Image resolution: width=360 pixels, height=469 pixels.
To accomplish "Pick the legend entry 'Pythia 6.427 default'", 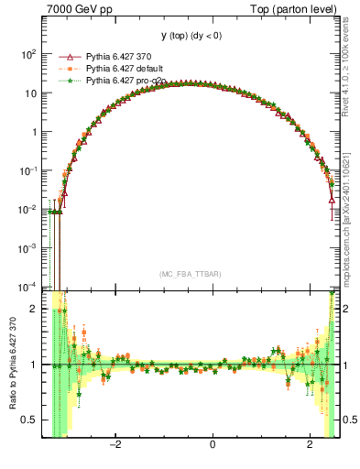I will point(124,69).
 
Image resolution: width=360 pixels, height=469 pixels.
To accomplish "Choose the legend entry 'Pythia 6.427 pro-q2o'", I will point(125,81).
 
